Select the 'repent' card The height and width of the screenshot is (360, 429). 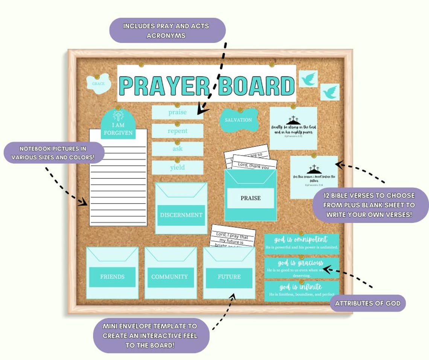click(178, 131)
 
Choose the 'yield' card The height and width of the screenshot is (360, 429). click(178, 168)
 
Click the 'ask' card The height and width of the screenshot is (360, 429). click(178, 149)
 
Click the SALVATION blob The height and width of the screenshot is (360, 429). click(239, 120)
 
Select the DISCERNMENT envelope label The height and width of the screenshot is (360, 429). click(181, 215)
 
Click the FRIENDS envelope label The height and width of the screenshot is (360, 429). click(112, 277)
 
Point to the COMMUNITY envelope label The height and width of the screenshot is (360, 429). click(170, 277)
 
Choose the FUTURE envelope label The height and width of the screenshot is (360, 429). click(229, 277)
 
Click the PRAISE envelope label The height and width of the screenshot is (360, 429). click(251, 198)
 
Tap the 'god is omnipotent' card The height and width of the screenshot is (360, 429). click(301, 244)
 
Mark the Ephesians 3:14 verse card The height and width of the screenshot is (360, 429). click(314, 177)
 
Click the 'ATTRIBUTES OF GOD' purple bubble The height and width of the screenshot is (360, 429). click(368, 303)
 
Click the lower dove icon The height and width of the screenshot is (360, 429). click(330, 92)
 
